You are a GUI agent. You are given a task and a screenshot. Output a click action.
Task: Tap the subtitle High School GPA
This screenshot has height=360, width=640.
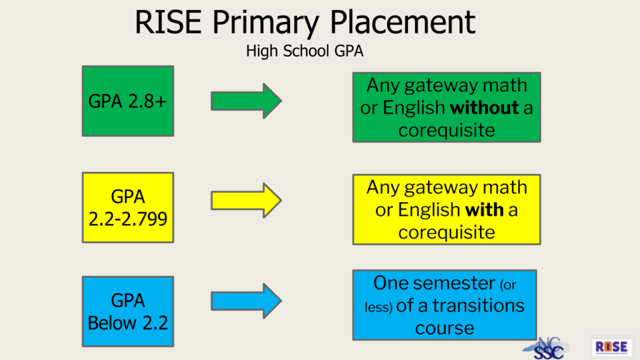tap(304, 51)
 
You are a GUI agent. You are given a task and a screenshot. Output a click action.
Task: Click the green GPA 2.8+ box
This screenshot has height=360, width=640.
tap(127, 101)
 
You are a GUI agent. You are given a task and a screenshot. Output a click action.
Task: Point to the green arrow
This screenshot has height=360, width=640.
tap(246, 101)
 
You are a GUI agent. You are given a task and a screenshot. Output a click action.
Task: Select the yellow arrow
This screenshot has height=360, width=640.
tap(246, 201)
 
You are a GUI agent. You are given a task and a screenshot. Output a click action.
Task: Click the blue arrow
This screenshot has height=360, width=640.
tap(246, 301)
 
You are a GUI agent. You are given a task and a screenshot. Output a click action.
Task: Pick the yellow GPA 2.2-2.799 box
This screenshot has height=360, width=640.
tap(127, 207)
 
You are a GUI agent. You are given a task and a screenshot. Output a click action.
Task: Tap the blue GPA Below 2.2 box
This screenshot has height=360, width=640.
tap(127, 311)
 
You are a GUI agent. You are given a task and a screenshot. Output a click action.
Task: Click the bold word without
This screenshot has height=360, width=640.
tap(484, 107)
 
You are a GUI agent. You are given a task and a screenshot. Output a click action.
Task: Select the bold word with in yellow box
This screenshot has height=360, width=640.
tap(484, 210)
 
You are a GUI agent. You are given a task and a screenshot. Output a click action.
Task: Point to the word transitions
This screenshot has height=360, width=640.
tap(478, 305)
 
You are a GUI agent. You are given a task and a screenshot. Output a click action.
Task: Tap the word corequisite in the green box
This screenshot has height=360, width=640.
tap(446, 131)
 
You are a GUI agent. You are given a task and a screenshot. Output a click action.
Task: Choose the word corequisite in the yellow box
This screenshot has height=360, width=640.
tap(446, 232)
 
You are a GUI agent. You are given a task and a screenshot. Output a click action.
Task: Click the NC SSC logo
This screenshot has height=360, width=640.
tap(546, 348)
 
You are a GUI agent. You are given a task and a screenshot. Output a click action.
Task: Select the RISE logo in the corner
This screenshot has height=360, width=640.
tap(611, 347)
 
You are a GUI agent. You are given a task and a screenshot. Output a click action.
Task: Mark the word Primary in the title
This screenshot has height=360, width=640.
tap(265, 23)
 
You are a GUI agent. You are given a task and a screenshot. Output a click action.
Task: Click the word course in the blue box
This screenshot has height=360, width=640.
tap(444, 328)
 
